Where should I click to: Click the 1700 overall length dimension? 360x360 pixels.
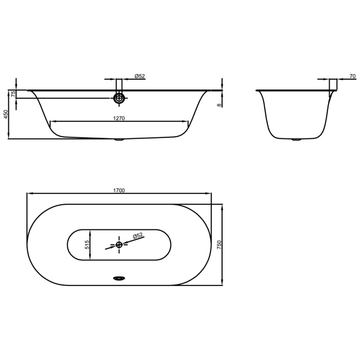[x=119, y=190]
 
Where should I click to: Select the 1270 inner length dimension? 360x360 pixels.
[x=119, y=118]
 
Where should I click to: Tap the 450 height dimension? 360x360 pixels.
[x=6, y=114]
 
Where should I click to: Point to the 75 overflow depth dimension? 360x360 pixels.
[x=13, y=94]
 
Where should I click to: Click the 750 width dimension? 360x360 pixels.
[x=219, y=245]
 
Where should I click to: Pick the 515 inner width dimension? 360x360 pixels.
[x=87, y=245]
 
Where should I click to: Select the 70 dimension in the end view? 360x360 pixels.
[x=352, y=77]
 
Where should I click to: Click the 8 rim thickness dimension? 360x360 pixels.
[x=219, y=104]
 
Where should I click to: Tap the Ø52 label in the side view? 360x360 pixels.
[x=139, y=76]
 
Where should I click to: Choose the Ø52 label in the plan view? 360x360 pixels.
[x=137, y=236]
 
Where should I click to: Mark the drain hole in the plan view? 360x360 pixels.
[x=119, y=245]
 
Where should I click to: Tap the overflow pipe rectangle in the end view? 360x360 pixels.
[x=333, y=84]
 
